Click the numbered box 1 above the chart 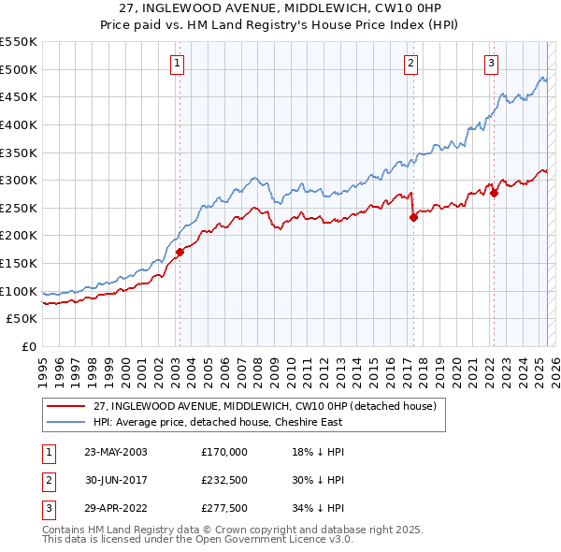point(178,64)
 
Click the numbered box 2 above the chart point(410,64)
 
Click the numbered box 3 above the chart point(491,64)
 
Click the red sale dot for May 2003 point(180,252)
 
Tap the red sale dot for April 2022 point(494,193)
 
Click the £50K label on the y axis point(22,319)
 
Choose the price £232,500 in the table point(224,481)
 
